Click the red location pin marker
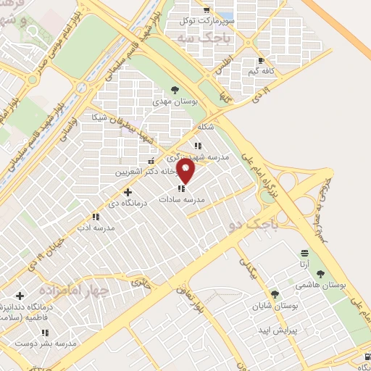[186, 172]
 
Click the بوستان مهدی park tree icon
[174, 90]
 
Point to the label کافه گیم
[262, 72]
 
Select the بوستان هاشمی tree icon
[320, 273]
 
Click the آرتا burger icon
[305, 254]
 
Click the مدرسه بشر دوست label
[43, 343]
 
